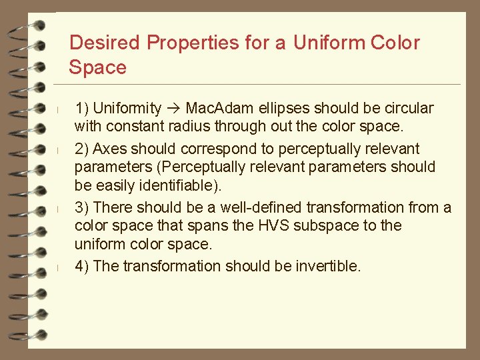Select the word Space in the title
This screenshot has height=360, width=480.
(x=97, y=67)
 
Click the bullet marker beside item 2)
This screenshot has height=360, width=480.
(x=59, y=149)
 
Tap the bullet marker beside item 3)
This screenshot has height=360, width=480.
(x=59, y=208)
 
